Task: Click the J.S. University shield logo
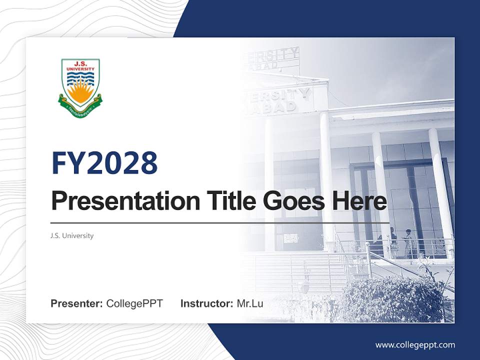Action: click(80, 87)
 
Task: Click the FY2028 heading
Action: click(104, 163)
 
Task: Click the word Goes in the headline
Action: click(292, 201)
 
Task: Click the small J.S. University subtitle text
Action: click(72, 235)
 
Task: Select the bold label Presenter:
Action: click(77, 303)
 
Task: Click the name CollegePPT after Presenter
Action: click(134, 303)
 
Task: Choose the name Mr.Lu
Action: click(250, 303)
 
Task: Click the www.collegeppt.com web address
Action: click(415, 344)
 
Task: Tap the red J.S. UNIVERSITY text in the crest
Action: click(80, 65)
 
